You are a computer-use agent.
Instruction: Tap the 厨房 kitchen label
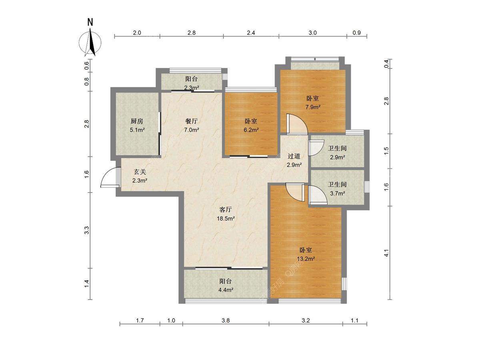tap(137, 121)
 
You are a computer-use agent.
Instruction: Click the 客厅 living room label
tap(226, 210)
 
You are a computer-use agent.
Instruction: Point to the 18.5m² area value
tap(226, 218)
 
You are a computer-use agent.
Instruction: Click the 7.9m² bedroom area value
tap(313, 107)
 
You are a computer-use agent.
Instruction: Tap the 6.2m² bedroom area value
tap(251, 130)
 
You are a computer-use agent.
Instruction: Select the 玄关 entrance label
tap(140, 172)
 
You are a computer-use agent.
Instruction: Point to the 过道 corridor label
tap(294, 156)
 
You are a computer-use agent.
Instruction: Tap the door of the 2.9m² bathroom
tap(316, 148)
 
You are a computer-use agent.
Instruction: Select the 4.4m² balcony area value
tap(226, 290)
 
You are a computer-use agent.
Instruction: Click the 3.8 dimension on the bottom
tap(226, 320)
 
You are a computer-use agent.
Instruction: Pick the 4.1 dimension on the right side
tap(387, 253)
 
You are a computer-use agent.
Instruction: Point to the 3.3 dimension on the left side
tap(87, 230)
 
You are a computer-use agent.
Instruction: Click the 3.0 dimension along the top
tap(313, 33)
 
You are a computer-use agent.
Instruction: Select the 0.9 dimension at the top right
tap(357, 33)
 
